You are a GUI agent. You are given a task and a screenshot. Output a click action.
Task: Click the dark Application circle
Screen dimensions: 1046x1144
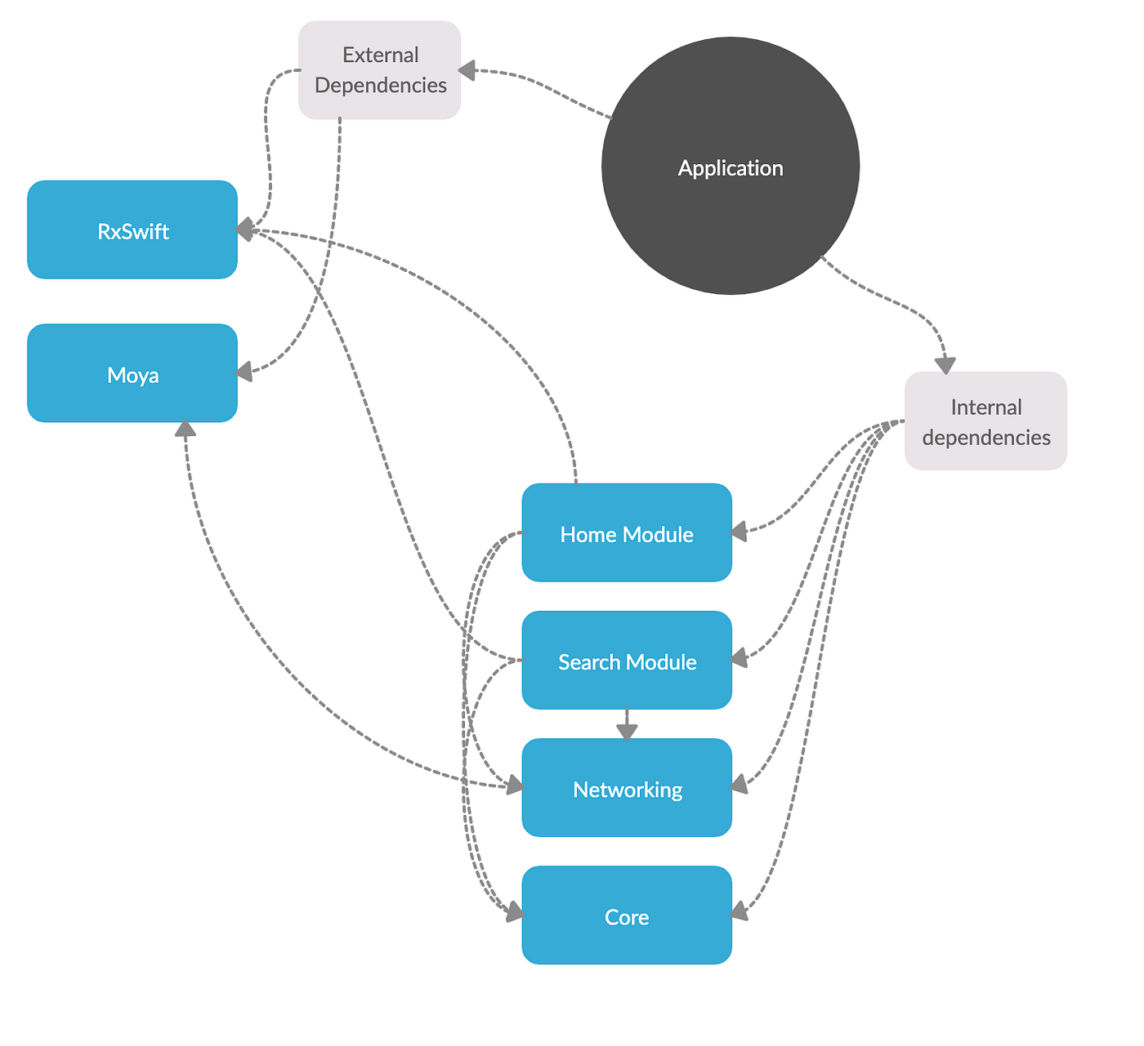730,166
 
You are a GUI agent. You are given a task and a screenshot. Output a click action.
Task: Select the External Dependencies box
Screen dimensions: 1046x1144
379,70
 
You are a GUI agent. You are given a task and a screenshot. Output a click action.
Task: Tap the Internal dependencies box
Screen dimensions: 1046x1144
985,421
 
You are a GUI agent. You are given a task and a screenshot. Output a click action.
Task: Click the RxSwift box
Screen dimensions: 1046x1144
132,230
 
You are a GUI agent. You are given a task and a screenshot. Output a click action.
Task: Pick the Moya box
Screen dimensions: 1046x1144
132,374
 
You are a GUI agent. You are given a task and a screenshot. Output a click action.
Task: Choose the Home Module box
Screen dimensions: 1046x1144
627,533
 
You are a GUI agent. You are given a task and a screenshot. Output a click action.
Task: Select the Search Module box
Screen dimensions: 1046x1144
627,661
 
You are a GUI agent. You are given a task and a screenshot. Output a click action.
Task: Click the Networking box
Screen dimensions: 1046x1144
627,788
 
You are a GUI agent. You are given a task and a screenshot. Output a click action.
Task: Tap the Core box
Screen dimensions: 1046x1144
627,915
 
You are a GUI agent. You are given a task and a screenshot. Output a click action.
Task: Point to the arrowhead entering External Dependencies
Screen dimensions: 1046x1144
467,71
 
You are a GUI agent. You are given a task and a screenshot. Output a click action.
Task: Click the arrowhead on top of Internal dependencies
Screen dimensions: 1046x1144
945,364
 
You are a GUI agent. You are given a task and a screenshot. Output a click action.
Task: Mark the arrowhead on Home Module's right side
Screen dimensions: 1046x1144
739,532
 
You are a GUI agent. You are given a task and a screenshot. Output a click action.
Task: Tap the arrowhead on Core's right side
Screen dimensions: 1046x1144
739,911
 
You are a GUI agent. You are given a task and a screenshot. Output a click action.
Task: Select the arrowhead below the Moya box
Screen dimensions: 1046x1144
185,430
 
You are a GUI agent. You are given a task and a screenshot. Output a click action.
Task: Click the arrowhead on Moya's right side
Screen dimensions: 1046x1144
244,372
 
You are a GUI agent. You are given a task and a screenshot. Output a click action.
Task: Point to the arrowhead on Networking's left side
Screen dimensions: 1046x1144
514,786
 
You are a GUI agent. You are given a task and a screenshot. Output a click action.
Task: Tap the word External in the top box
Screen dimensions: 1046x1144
380,55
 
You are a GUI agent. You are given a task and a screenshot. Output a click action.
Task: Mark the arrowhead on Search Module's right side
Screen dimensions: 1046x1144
739,657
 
